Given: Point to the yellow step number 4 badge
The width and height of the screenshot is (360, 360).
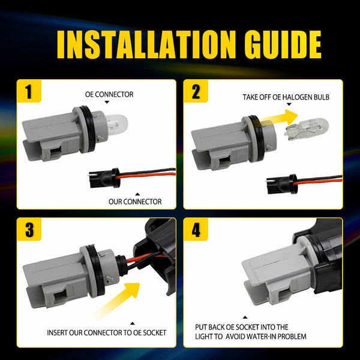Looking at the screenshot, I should pos(196,230).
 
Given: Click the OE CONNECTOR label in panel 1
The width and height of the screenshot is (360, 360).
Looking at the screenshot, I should pos(109,94).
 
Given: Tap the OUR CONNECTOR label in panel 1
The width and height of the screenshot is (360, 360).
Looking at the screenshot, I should pos(135,202).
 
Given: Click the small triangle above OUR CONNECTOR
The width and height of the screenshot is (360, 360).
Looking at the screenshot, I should pos(138,194).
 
